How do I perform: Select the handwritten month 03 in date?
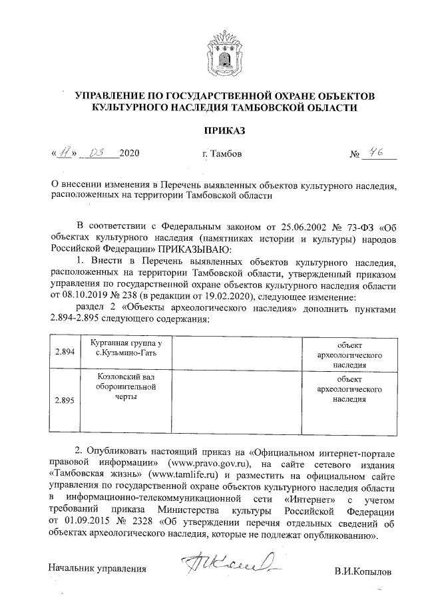pyautogui.click(x=99, y=153)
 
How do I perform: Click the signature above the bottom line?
pyautogui.click(x=228, y=561)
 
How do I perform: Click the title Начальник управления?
pyautogui.click(x=97, y=568)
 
